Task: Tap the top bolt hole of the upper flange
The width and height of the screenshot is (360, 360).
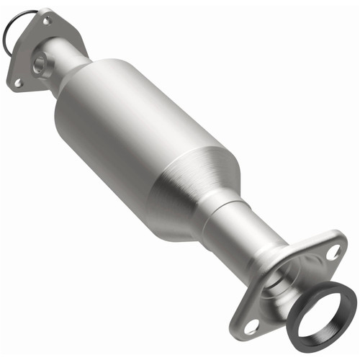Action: click(x=45, y=21)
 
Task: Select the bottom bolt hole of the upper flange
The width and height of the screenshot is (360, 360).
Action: click(x=18, y=83)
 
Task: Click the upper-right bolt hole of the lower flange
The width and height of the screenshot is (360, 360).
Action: click(x=332, y=252)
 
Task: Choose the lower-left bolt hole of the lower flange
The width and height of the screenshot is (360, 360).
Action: click(x=251, y=328)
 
